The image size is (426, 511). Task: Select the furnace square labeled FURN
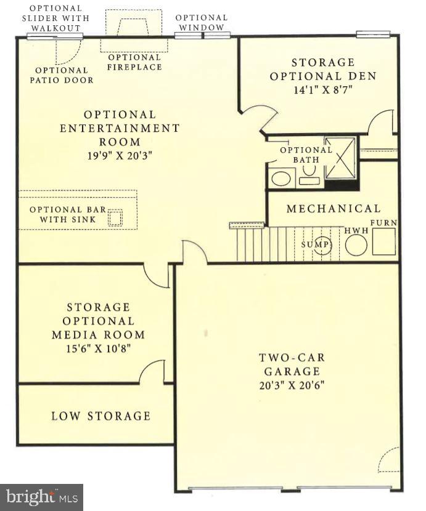[384, 241]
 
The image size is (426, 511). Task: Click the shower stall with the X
[340, 158]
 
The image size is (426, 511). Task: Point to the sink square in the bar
[115, 217]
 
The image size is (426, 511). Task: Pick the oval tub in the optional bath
[281, 179]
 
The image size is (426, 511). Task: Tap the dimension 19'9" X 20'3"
[120, 156]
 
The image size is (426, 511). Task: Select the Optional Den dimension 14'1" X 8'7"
[323, 90]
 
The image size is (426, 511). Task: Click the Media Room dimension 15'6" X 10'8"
[98, 348]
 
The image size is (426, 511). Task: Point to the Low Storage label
[101, 416]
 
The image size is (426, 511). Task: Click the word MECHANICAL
[334, 209]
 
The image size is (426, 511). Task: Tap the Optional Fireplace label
[134, 62]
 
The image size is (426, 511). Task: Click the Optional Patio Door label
[62, 75]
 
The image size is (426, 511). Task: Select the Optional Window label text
[202, 23]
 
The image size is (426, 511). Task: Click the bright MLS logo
[41, 497]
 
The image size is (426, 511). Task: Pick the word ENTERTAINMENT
[120, 128]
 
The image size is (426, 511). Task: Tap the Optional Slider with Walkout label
[56, 18]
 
